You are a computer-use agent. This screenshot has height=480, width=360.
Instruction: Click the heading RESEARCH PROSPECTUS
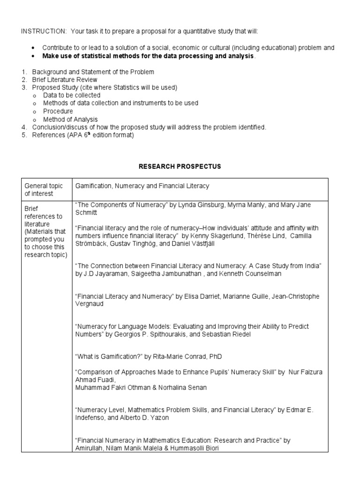[180, 166]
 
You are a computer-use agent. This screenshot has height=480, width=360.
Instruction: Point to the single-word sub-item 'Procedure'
[58, 112]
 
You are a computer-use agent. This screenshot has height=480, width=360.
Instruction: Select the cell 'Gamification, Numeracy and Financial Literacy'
[142, 186]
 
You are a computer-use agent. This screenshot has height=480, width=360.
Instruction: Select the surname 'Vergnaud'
[90, 304]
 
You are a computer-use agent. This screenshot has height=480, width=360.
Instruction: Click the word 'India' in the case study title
[310, 266]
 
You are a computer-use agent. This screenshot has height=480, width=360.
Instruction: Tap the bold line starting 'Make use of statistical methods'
[149, 56]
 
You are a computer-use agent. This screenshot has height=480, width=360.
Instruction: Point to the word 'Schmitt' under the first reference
[86, 213]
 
